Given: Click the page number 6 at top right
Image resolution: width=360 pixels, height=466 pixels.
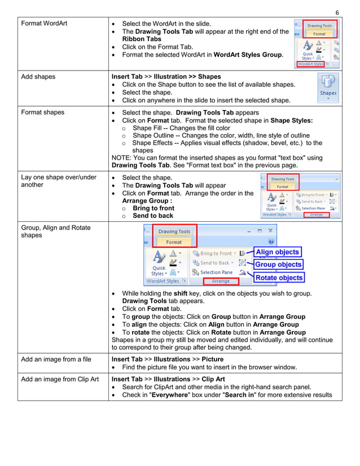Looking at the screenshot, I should point(337,12).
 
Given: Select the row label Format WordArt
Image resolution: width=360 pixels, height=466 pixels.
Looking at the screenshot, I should point(44,24).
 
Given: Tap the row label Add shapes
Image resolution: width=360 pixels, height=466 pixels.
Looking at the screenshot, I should point(38,77).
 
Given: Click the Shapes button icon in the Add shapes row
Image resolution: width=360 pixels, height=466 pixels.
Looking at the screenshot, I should point(328,87).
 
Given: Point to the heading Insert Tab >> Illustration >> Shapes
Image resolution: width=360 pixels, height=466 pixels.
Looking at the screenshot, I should point(166,77).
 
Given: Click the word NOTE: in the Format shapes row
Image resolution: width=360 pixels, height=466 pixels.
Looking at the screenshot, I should point(122,158).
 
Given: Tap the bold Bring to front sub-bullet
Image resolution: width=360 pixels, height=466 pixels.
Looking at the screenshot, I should point(153,208).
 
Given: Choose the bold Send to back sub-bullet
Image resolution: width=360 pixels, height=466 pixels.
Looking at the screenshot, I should point(153,216).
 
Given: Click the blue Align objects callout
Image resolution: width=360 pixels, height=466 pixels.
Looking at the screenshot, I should point(277,252).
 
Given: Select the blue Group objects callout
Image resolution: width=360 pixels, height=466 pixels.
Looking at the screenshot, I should point(278,265).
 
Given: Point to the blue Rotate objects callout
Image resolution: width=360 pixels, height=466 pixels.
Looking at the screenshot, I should point(279,278).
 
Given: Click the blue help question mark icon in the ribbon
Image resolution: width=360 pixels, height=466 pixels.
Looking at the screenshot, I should point(271,241).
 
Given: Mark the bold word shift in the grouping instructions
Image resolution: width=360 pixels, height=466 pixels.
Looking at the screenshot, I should point(181,293).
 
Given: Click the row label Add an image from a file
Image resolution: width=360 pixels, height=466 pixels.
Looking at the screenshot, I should point(56,359).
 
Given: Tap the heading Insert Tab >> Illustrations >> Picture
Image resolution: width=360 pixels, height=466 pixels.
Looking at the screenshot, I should point(168,359).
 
